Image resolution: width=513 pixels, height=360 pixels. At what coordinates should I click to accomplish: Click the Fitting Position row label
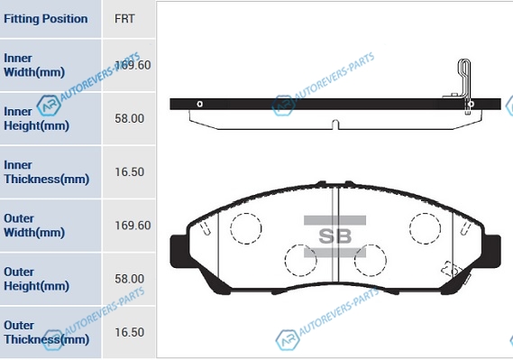45,19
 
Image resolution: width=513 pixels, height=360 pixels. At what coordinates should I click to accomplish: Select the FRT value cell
124,19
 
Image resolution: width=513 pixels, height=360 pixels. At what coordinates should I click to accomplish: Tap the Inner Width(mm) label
34,65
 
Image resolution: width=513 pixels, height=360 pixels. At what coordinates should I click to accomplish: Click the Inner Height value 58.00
129,118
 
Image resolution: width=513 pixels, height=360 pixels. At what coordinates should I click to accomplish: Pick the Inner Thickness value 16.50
129,171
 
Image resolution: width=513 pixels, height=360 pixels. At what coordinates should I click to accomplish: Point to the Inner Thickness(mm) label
47,172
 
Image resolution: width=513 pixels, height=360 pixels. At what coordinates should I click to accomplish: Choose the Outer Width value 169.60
133,226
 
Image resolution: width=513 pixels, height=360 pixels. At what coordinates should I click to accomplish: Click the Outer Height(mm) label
36,279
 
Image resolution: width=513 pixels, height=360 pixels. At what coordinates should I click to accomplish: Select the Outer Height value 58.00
129,279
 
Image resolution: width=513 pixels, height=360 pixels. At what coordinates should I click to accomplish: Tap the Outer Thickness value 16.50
129,332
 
